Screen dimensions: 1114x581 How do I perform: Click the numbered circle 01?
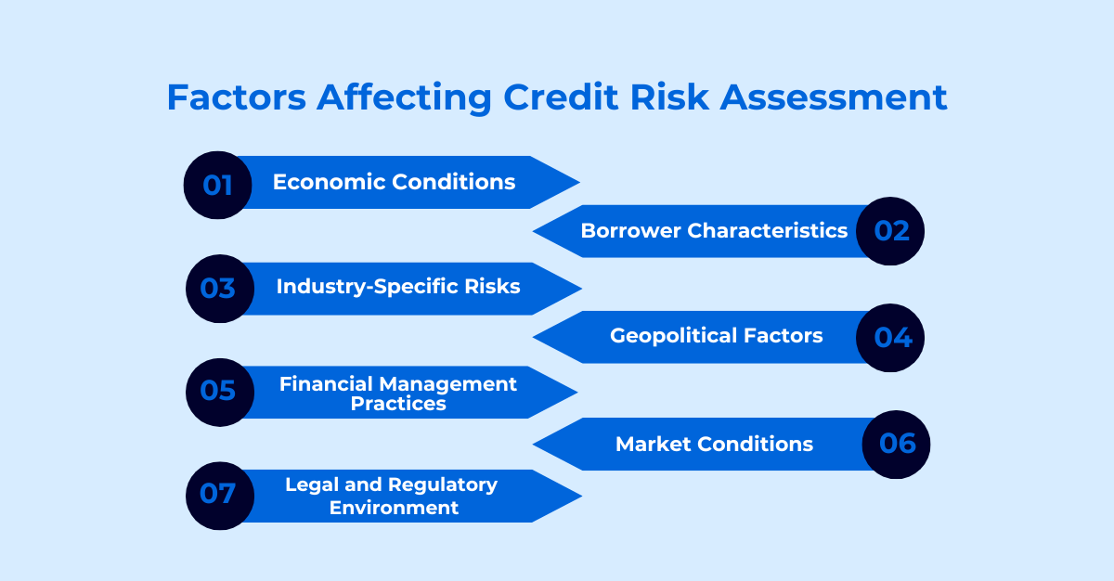coord(218,185)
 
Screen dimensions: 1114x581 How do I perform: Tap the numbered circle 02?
coord(890,231)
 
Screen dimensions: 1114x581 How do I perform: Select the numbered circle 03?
coord(220,289)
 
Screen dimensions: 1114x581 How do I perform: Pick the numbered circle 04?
coord(890,338)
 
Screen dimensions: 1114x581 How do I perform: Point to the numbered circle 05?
coord(220,393)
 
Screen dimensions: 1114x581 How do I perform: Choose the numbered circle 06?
coord(896,445)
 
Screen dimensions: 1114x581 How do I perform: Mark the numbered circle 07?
coord(220,496)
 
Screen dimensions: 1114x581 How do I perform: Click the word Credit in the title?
coord(561,97)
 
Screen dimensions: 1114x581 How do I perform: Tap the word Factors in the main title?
coord(237,97)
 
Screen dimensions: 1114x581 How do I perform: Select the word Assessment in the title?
coord(834,97)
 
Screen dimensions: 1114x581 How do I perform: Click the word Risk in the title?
coord(669,97)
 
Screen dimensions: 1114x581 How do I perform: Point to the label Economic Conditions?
coord(394,182)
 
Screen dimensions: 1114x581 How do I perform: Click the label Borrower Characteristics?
coord(714,230)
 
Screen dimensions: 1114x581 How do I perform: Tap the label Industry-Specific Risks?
coord(398,287)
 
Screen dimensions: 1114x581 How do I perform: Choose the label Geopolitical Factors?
coord(716,336)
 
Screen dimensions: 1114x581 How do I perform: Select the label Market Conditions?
coord(714,445)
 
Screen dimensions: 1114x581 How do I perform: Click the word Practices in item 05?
coord(398,404)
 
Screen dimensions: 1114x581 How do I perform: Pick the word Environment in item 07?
coord(394,508)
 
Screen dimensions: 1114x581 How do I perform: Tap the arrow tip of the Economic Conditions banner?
coord(579,183)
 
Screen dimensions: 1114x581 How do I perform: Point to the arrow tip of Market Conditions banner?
coord(533,445)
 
